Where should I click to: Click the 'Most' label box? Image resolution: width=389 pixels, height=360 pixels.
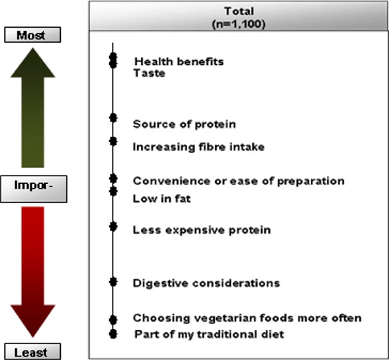click(x=32, y=35)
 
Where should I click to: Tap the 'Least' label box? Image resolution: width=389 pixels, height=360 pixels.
click(x=32, y=352)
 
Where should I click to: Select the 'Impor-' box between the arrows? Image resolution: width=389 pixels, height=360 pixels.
click(x=33, y=189)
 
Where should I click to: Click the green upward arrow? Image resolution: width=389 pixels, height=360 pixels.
click(x=32, y=108)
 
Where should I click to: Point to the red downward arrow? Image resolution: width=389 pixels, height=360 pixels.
click(x=32, y=272)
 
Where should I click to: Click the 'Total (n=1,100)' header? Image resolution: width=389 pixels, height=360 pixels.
click(x=238, y=17)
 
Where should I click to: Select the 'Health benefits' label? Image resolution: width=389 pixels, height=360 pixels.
click(x=179, y=61)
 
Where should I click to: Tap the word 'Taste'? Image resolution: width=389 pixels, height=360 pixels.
click(x=149, y=73)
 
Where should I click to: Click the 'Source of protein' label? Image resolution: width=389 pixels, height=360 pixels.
click(x=184, y=124)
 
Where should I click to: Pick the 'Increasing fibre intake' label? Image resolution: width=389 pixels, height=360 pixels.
click(x=199, y=147)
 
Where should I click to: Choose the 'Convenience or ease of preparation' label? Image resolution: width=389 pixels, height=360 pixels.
click(x=238, y=181)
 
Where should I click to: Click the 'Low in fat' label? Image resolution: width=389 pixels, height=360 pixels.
click(x=162, y=199)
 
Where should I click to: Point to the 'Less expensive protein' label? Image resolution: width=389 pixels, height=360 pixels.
click(x=202, y=230)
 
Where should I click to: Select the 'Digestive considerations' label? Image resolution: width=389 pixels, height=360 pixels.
click(x=207, y=283)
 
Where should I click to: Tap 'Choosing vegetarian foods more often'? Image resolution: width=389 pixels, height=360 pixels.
click(x=247, y=318)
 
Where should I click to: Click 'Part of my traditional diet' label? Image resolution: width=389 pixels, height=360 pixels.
click(x=209, y=334)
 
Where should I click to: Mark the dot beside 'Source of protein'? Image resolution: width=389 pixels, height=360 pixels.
click(x=113, y=117)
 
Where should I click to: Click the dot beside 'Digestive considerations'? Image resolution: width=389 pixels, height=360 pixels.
click(x=113, y=282)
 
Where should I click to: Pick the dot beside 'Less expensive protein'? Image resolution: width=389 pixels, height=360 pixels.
click(x=113, y=227)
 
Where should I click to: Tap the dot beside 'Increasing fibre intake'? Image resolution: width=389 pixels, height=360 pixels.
click(x=113, y=141)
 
